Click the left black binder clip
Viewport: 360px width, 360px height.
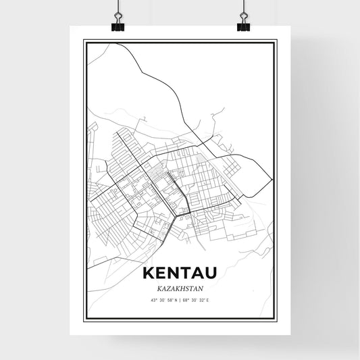coord(118,26)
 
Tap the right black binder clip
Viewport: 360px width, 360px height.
coord(243,26)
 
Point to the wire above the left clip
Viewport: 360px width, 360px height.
coord(118,8)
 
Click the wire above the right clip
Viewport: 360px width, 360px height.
coord(243,8)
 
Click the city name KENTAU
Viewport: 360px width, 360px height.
coord(180,273)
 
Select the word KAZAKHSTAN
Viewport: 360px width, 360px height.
coord(180,287)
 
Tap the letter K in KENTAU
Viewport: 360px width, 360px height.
coord(149,273)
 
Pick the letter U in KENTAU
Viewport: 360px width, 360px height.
coord(210,273)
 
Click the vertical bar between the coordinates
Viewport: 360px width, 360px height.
coord(180,300)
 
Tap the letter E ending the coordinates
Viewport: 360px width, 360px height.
coord(210,300)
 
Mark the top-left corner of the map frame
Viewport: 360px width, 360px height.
coord(84,41)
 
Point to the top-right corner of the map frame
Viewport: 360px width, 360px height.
coord(276,41)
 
